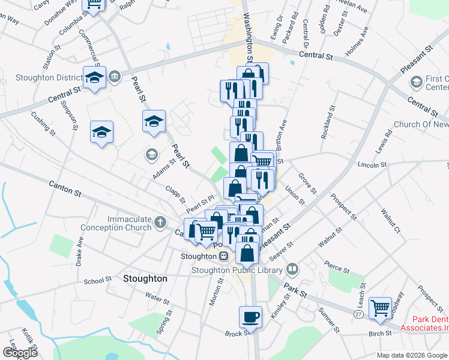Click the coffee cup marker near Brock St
250,316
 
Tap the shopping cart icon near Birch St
380,308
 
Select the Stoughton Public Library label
237,270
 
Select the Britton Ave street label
281,131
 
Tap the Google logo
19,352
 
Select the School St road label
98,280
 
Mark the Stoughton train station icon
223,256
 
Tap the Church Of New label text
421,124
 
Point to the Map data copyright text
412,355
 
